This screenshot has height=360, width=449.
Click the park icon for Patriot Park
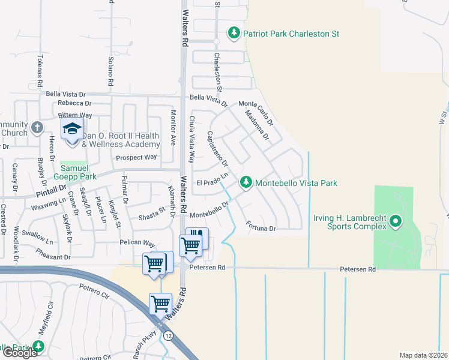pyautogui.click(x=234, y=34)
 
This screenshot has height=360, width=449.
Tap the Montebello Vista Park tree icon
pyautogui.click(x=246, y=182)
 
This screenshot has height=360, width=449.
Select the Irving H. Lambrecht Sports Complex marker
pyautogui.click(x=395, y=223)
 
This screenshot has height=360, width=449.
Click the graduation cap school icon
pyautogui.click(x=72, y=129)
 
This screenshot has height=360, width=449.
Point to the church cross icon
pyautogui.click(x=37, y=128)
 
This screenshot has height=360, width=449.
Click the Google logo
pyautogui.click(x=20, y=353)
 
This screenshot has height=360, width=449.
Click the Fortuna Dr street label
pyautogui.click(x=261, y=227)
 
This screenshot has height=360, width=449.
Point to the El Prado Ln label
pyautogui.click(x=213, y=179)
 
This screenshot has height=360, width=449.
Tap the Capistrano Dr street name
pyautogui.click(x=217, y=149)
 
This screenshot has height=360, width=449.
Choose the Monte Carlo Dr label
pyautogui.click(x=256, y=112)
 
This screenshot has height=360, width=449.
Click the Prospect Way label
pyautogui.click(x=136, y=157)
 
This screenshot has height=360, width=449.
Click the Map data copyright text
pyautogui.click(x=424, y=355)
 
